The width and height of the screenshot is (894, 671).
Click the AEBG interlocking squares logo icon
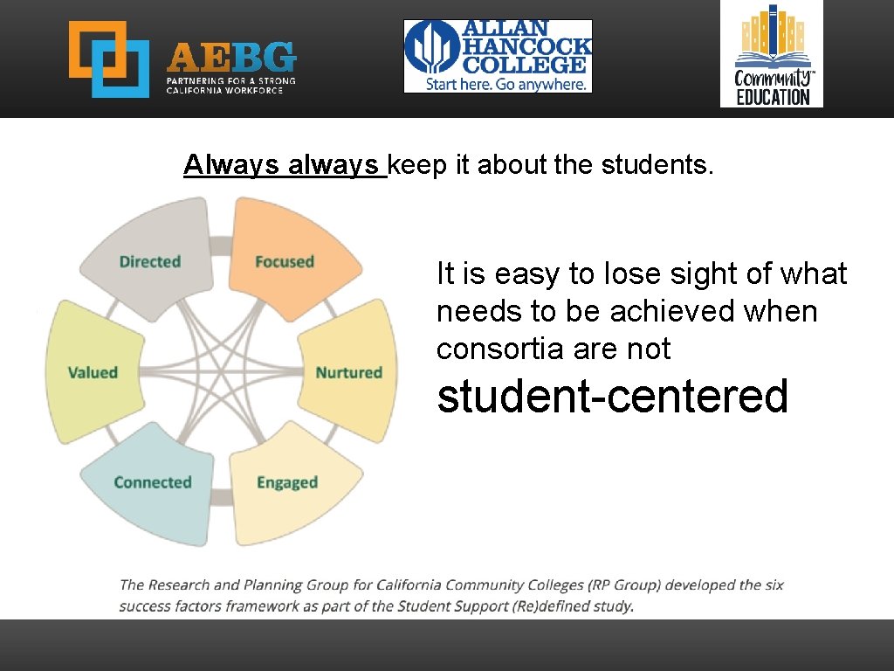click(109, 59)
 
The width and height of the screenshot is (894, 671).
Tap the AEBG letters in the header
click(231, 58)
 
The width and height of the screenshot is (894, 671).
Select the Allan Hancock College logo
click(498, 56)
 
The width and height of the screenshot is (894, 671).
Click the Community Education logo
click(772, 54)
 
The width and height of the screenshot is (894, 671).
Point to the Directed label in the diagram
click(150, 261)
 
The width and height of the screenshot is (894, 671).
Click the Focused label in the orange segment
click(285, 261)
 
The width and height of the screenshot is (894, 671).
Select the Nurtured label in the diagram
click(349, 372)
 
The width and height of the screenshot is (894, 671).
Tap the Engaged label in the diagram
click(287, 482)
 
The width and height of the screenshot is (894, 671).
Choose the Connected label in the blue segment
click(153, 482)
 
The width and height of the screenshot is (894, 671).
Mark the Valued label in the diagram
click(93, 372)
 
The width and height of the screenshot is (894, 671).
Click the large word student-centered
click(613, 396)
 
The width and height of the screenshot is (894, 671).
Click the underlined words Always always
click(284, 164)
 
